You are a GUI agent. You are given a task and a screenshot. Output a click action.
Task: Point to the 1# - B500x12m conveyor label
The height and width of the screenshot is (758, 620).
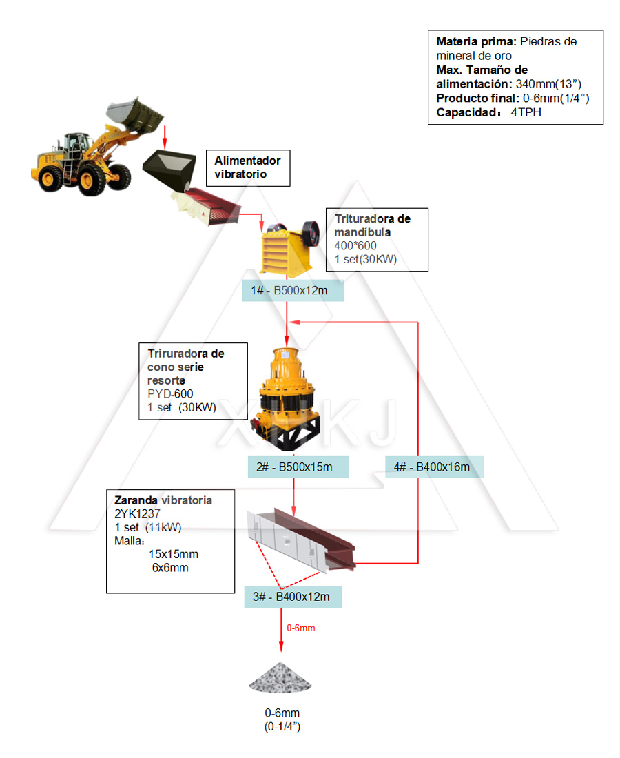click(x=293, y=291)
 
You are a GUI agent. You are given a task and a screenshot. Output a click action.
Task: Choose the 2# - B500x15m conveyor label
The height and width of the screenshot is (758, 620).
click(x=298, y=467)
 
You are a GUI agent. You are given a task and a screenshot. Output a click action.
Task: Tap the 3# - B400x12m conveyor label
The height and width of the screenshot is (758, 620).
click(x=293, y=597)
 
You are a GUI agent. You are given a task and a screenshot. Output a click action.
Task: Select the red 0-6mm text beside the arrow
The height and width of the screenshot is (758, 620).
click(x=301, y=628)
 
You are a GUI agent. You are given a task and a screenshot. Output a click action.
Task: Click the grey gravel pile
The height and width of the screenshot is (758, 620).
click(x=280, y=678)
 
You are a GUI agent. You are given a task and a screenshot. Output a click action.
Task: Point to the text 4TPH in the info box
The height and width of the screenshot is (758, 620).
click(x=526, y=112)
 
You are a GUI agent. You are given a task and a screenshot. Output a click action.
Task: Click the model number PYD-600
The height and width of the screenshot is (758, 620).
click(x=170, y=394)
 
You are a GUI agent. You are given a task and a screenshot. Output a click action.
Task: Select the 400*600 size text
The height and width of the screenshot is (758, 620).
click(x=355, y=246)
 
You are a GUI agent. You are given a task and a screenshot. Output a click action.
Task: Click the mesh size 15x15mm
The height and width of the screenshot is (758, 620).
click(x=174, y=554)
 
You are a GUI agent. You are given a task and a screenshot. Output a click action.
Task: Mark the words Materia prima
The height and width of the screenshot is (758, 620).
click(x=476, y=41)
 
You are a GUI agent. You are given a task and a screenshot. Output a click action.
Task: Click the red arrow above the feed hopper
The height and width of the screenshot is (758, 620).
click(x=165, y=136)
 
